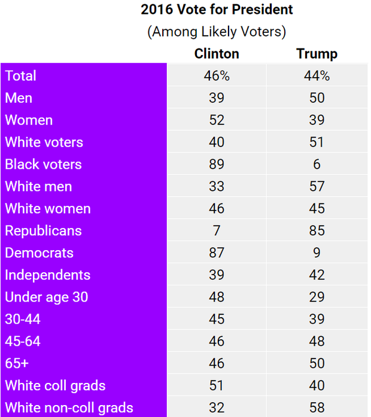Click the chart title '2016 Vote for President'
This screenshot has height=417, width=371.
point(217,10)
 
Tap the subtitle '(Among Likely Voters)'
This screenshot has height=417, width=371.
point(217,32)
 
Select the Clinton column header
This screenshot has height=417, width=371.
point(217,54)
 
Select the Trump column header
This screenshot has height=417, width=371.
point(317,54)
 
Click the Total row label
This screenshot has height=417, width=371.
point(21,76)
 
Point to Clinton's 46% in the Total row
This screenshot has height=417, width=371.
point(217,76)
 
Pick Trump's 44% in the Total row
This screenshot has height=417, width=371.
point(317,76)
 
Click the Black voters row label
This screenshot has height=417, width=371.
point(43,165)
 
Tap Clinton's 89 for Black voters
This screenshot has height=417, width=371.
point(217,165)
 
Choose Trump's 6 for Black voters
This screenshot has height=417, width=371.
point(317,165)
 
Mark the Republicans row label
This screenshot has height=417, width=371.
point(43,231)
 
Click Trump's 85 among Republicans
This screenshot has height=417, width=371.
point(317,231)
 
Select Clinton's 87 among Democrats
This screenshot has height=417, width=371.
point(217,253)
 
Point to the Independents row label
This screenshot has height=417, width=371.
point(48,275)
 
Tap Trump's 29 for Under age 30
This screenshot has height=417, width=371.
point(317,297)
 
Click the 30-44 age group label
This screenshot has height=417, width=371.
point(23,319)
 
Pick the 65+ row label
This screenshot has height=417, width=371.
point(17,364)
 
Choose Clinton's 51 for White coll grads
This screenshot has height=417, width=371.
point(217,386)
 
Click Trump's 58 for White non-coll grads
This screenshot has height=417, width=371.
point(317,408)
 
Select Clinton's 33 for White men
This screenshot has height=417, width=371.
point(217,187)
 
